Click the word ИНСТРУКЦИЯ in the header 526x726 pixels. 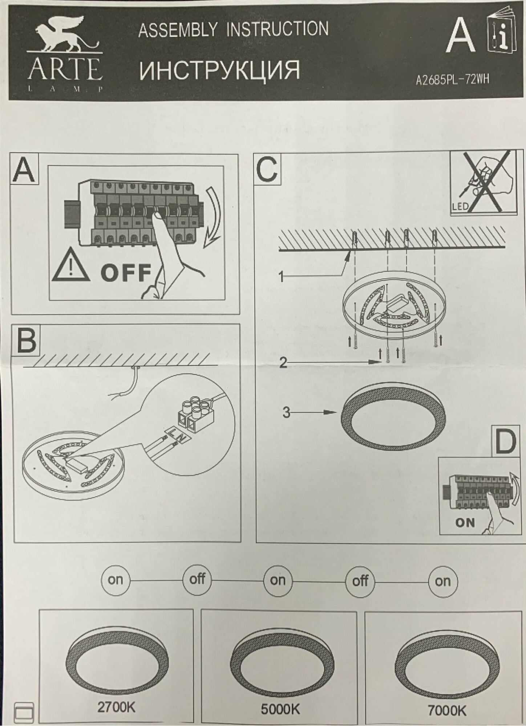[x=219, y=70]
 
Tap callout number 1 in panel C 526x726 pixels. [x=281, y=278]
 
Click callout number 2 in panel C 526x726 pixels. [x=283, y=363]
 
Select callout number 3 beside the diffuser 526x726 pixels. [x=286, y=413]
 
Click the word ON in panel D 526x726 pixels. [x=465, y=523]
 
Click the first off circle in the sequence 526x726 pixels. [x=197, y=579]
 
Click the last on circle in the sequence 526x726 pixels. [x=442, y=581]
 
